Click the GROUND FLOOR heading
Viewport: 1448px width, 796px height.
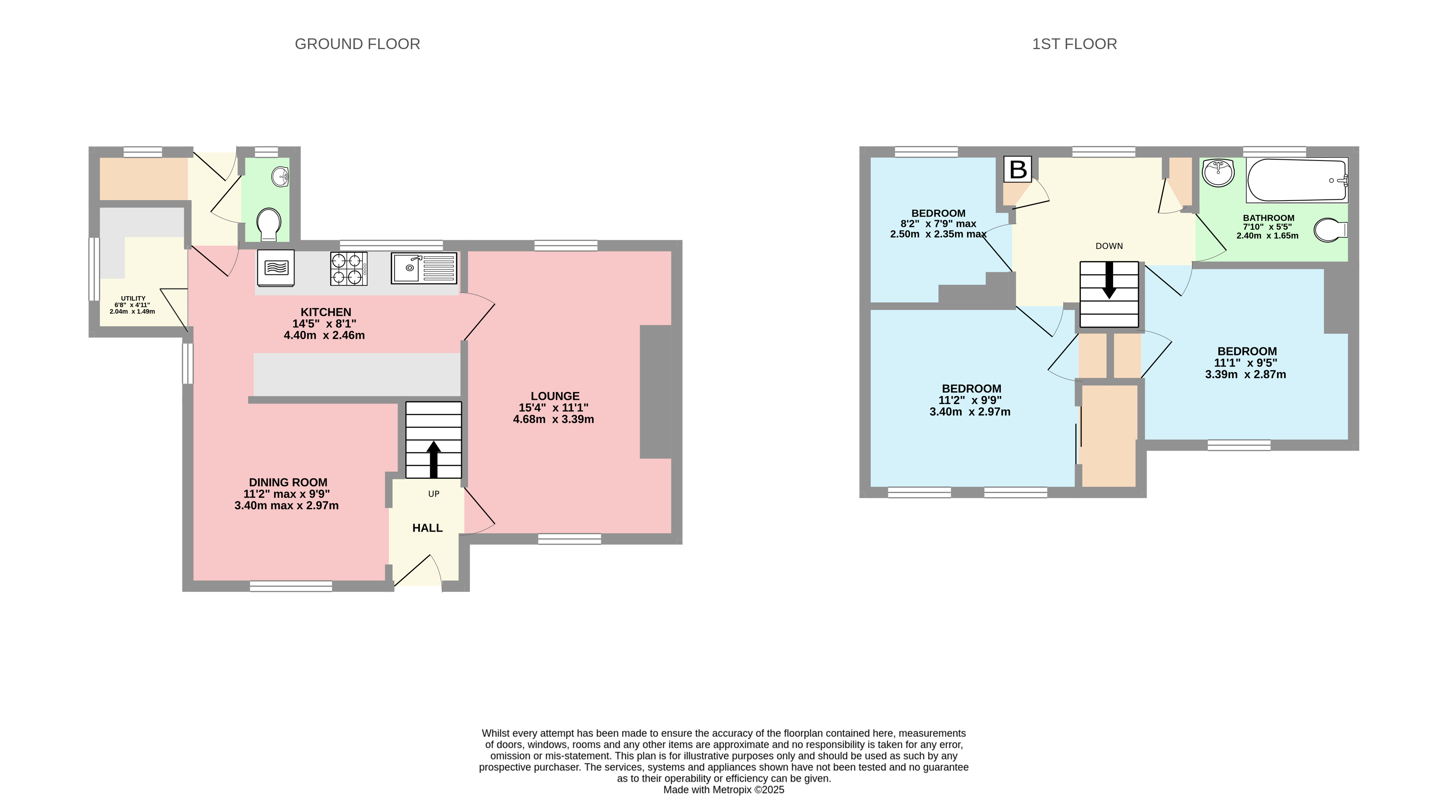tap(358, 44)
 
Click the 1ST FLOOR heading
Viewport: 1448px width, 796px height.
tap(1074, 44)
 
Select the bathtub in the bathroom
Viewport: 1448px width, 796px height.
tap(1297, 180)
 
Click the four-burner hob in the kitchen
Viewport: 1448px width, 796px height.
tap(348, 269)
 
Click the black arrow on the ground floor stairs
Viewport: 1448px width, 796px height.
tap(434, 460)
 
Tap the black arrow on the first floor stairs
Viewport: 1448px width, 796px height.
tap(1109, 280)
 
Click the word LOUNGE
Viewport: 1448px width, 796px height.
tap(555, 396)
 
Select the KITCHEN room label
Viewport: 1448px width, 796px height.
tap(326, 312)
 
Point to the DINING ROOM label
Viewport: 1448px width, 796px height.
tap(288, 482)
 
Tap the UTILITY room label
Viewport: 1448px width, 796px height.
tap(133, 298)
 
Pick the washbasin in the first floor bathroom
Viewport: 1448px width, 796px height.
tap(1218, 172)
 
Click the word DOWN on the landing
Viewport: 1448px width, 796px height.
tap(1109, 246)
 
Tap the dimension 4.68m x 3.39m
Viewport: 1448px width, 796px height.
tap(554, 419)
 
